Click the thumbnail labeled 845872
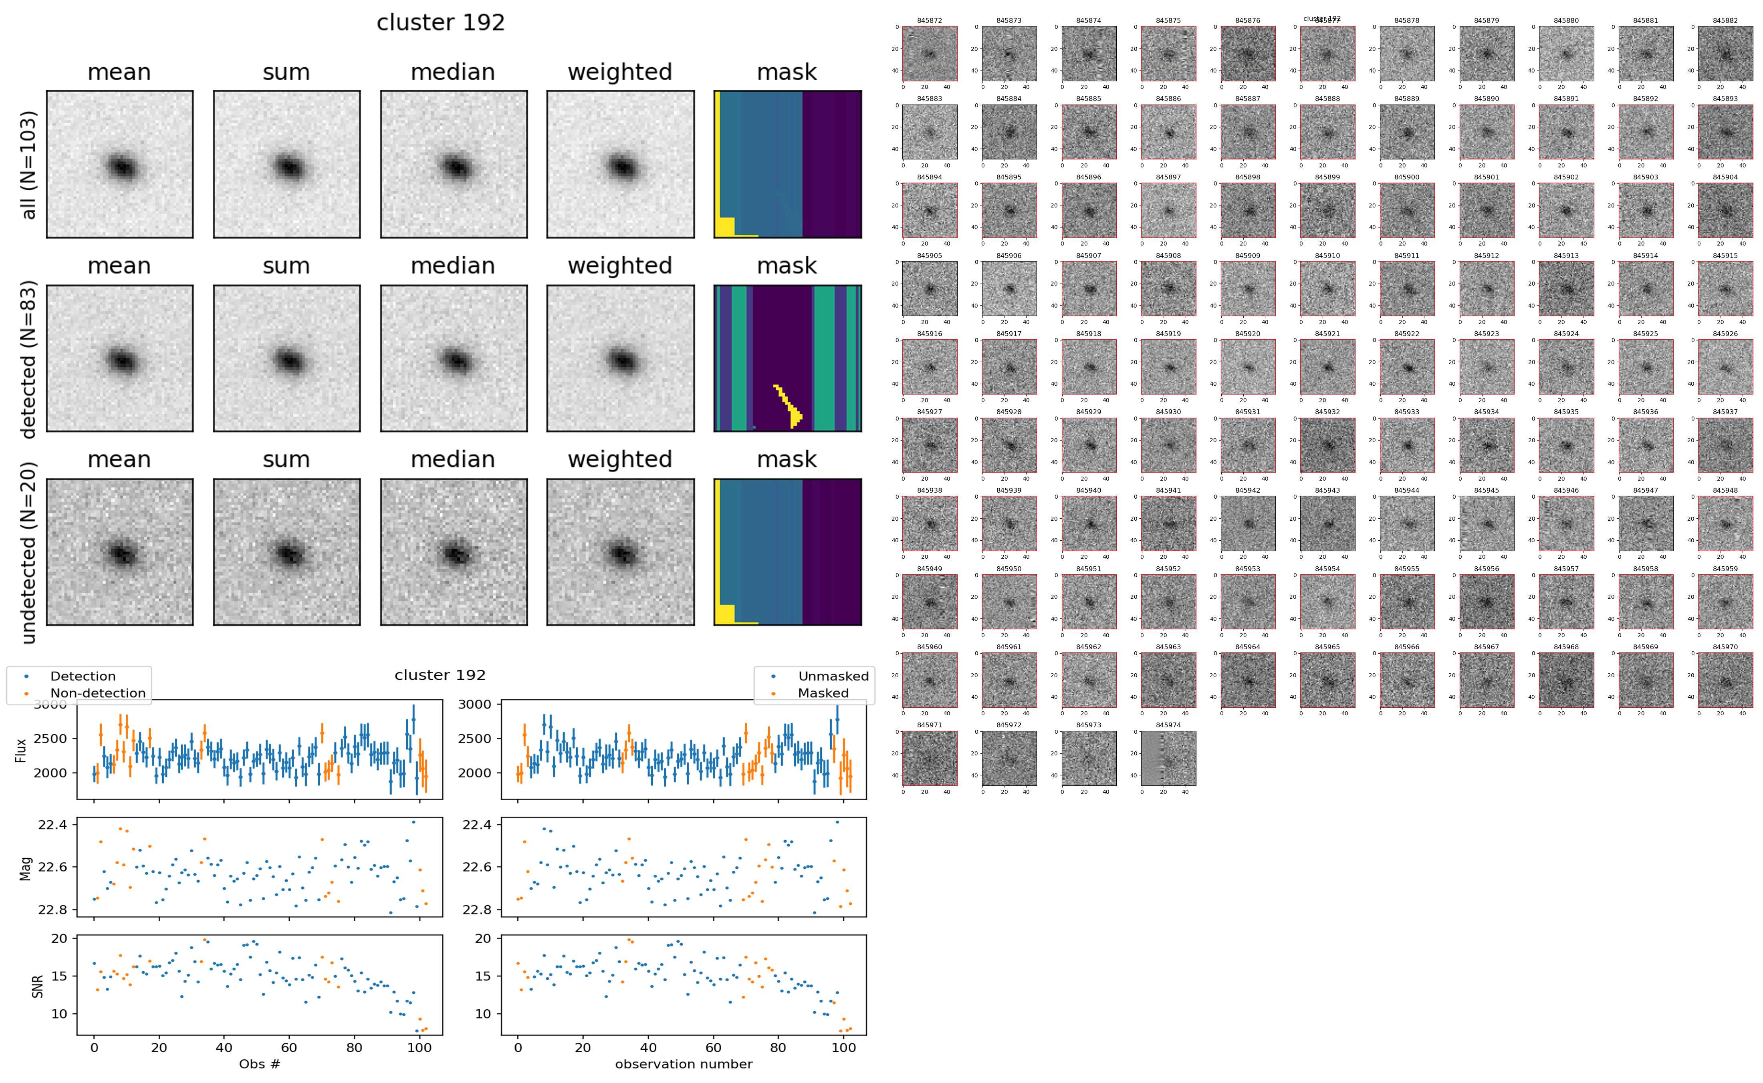click(929, 54)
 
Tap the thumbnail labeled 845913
click(1566, 289)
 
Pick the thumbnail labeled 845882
click(1725, 54)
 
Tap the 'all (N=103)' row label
click(29, 165)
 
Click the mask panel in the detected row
click(787, 358)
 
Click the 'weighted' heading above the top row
click(620, 72)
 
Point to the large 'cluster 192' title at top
click(441, 23)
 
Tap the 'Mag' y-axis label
click(25, 867)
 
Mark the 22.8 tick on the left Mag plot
click(52, 910)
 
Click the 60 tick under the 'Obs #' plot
click(289, 1047)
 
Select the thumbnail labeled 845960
click(929, 680)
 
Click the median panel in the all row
click(454, 165)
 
